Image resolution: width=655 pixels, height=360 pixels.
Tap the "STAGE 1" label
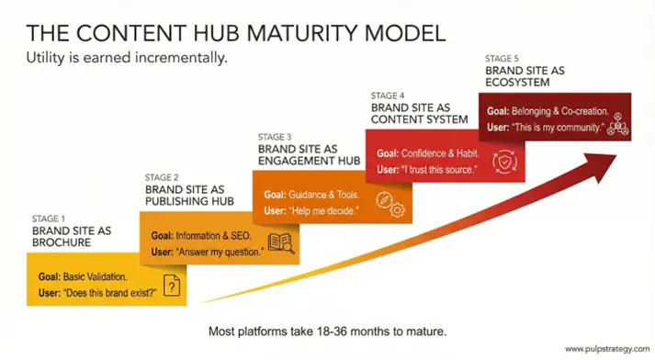[x=48, y=219]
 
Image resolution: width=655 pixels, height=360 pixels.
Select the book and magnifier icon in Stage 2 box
[x=279, y=244]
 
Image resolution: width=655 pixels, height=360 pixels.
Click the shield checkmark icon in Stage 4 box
[x=505, y=162]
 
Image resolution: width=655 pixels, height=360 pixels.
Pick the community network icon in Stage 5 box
[x=617, y=124]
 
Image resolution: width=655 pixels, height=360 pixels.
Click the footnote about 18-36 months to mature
[x=327, y=328]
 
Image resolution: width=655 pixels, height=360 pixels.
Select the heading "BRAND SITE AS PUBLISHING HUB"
[x=190, y=195]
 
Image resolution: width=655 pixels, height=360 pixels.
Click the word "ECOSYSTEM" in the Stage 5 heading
[x=517, y=83]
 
